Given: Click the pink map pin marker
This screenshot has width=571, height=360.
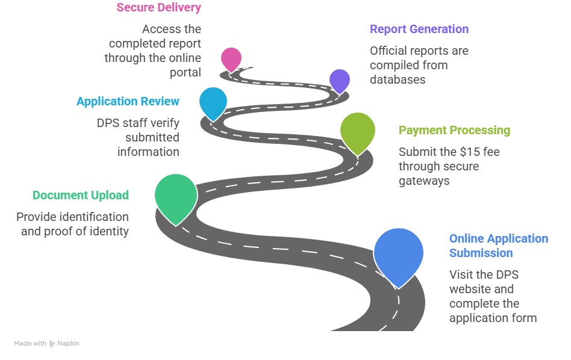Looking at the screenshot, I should [x=231, y=58].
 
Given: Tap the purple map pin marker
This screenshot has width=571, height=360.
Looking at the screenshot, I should [x=339, y=79].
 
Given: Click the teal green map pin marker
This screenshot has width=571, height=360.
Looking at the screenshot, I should [x=175, y=195].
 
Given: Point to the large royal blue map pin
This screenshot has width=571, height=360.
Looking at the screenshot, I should [x=399, y=253].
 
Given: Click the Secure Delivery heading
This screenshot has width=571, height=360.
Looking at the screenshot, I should [x=159, y=8].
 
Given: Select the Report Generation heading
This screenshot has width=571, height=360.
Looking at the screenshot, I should [x=419, y=29].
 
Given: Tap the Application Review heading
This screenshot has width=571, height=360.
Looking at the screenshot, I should [x=128, y=101].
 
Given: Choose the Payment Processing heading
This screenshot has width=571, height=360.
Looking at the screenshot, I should [x=454, y=130].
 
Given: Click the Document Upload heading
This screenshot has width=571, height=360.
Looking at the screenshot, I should [x=81, y=195].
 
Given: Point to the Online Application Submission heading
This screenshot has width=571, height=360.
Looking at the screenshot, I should [x=498, y=246].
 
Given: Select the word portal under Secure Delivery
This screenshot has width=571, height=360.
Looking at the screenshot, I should [x=185, y=72].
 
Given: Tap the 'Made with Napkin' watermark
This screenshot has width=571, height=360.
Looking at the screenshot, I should [x=47, y=343].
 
